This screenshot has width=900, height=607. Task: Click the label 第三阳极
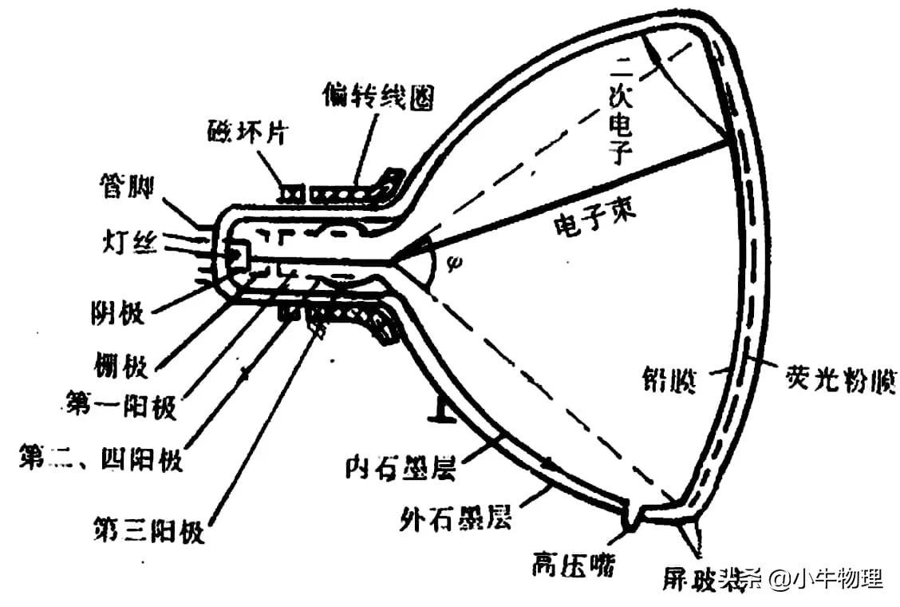pyautogui.click(x=148, y=528)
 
